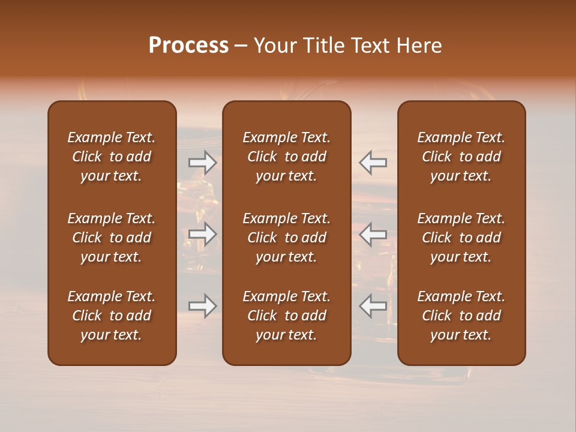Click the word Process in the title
coord(188,46)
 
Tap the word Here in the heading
coord(419,46)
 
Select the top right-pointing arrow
coord(203,162)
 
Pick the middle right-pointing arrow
coord(203,234)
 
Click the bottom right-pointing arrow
coord(203,306)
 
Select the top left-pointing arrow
coord(373,162)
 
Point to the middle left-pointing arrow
coord(373,234)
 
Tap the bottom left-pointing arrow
coord(373,306)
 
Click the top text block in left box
coord(112,157)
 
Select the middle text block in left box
coord(112,238)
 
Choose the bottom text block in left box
coord(112,316)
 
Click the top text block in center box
coord(286,157)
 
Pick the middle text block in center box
coord(286,238)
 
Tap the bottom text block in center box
coord(286,316)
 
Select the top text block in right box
coord(461,157)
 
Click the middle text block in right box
coord(461,238)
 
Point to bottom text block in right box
coord(461,316)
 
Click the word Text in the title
coord(371,46)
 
